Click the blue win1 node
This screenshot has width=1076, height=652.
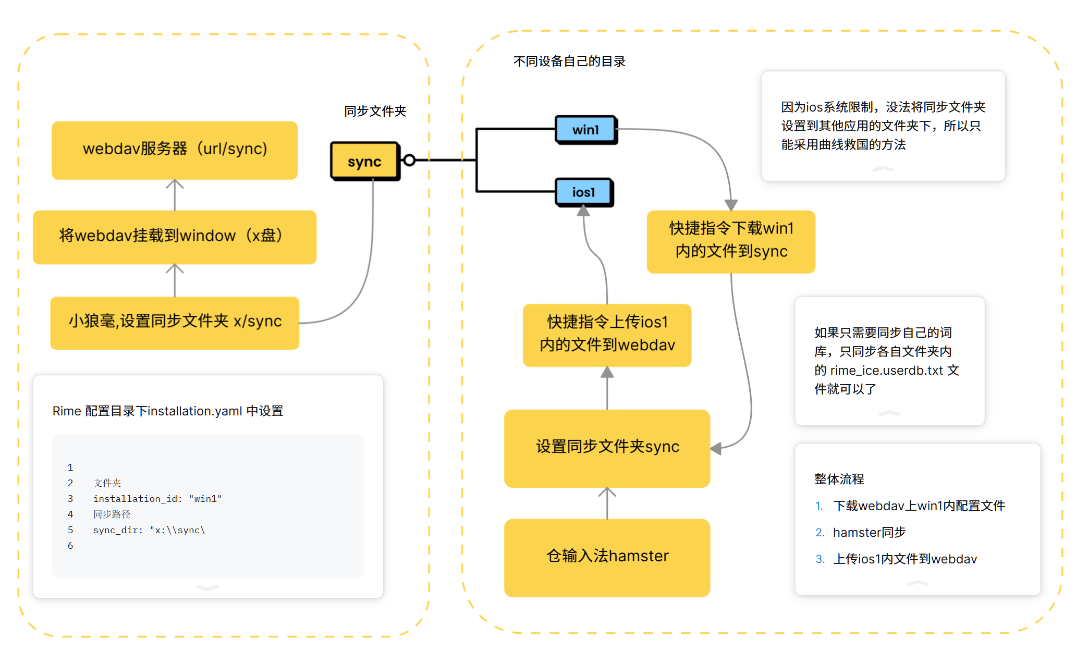(x=585, y=129)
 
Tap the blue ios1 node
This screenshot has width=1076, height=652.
(x=583, y=192)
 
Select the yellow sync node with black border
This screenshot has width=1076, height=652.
(x=365, y=162)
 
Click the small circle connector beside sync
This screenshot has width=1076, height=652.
(x=409, y=160)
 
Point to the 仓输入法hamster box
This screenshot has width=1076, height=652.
(x=607, y=557)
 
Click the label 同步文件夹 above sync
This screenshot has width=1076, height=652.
(x=375, y=111)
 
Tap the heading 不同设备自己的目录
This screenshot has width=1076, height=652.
(x=569, y=61)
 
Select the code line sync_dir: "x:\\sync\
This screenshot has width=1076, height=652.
(x=149, y=530)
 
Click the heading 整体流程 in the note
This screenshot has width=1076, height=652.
(x=839, y=479)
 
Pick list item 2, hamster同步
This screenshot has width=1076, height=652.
(x=869, y=532)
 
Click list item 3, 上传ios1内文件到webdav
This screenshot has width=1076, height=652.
(x=904, y=559)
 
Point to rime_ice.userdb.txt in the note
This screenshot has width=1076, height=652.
(x=886, y=371)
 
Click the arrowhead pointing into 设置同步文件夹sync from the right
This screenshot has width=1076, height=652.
(x=716, y=448)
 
